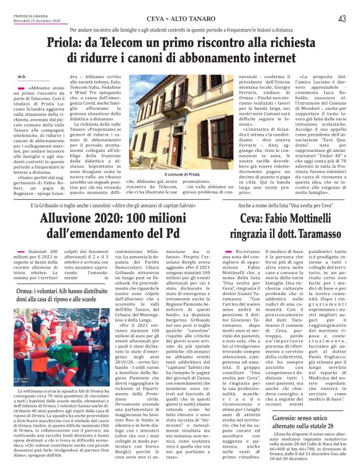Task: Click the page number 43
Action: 341,19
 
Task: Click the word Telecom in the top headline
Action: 138,44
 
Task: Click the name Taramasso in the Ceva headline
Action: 310,234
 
